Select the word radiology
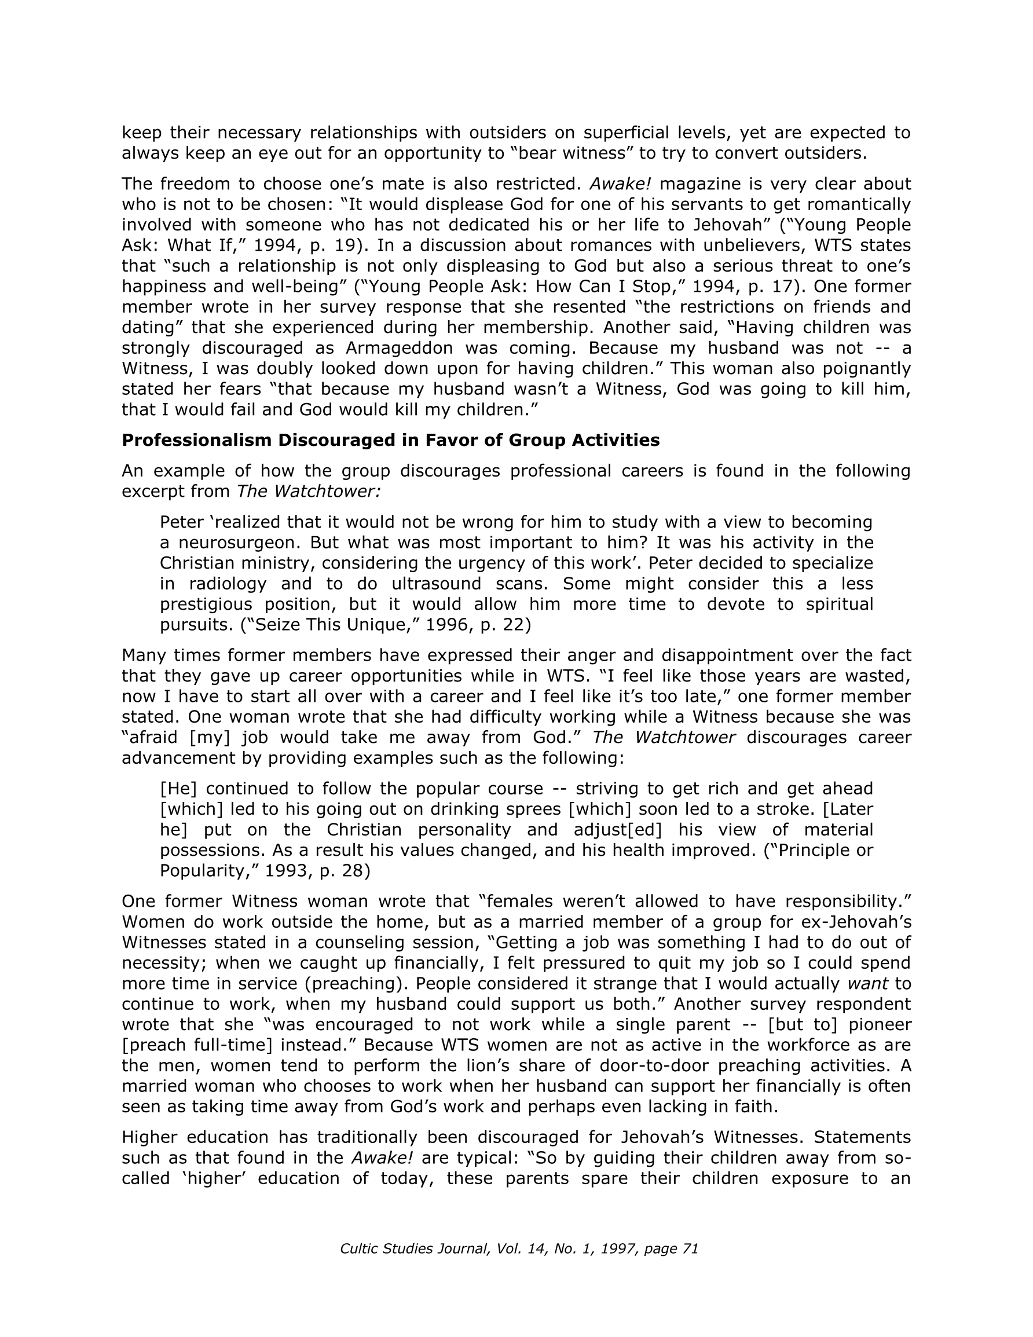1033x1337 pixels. [225, 584]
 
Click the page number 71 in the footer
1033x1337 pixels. [690, 1249]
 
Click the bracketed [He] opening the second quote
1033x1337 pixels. [174, 789]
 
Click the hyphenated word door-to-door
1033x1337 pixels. [651, 1066]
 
